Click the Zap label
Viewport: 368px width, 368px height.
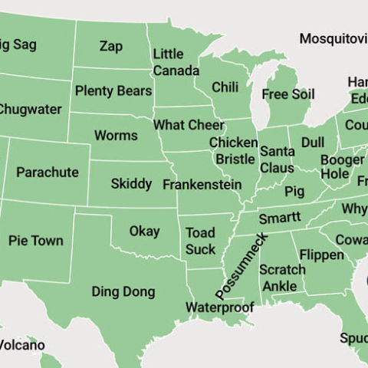click(110, 46)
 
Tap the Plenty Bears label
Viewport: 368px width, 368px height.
click(113, 91)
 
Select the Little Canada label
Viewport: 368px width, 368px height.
click(176, 63)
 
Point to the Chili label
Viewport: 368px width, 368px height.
click(225, 87)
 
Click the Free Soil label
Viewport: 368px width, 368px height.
click(287, 94)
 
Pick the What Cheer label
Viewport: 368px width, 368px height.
click(189, 125)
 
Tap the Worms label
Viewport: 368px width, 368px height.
click(116, 136)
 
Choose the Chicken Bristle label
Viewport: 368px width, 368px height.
click(233, 151)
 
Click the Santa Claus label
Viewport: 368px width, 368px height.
click(276, 159)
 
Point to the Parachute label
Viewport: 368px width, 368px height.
click(47, 172)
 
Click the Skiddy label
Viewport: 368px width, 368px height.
click(131, 184)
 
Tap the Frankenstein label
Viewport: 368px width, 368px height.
click(202, 185)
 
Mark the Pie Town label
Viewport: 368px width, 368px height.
click(36, 241)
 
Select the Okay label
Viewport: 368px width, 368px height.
click(144, 231)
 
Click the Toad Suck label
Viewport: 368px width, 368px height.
click(200, 241)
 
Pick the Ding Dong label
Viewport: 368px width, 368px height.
click(123, 292)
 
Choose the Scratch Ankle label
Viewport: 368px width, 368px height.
click(282, 278)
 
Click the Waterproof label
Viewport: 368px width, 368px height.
click(219, 307)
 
